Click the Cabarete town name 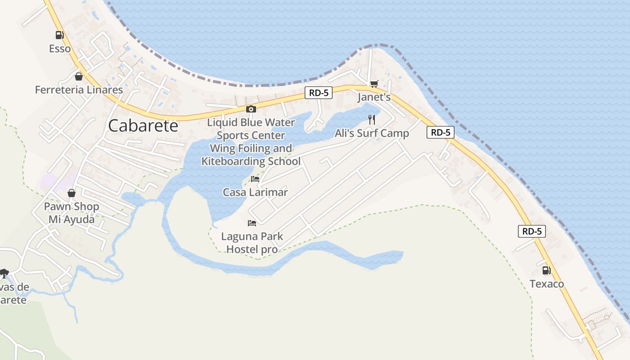tap(143, 126)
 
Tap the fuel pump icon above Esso tap(59, 35)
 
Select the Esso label tap(60, 49)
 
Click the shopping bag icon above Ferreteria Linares tap(79, 76)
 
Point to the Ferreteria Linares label tap(79, 90)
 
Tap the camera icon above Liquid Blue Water tap(251, 109)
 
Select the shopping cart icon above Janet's tap(374, 84)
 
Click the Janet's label tap(374, 97)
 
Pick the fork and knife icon tap(372, 120)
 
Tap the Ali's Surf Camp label tap(372, 133)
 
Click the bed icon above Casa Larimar tap(255, 179)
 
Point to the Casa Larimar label tap(255, 192)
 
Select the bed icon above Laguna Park tap(252, 223)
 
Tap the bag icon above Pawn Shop tap(72, 193)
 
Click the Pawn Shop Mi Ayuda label tap(72, 213)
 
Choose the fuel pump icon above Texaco tap(546, 270)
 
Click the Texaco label tap(546, 284)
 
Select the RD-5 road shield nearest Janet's tap(319, 93)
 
